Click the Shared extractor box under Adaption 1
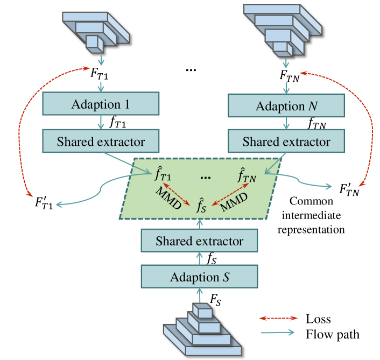tap(101, 142)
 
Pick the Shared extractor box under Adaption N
tap(286, 142)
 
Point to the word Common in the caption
tap(311, 202)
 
